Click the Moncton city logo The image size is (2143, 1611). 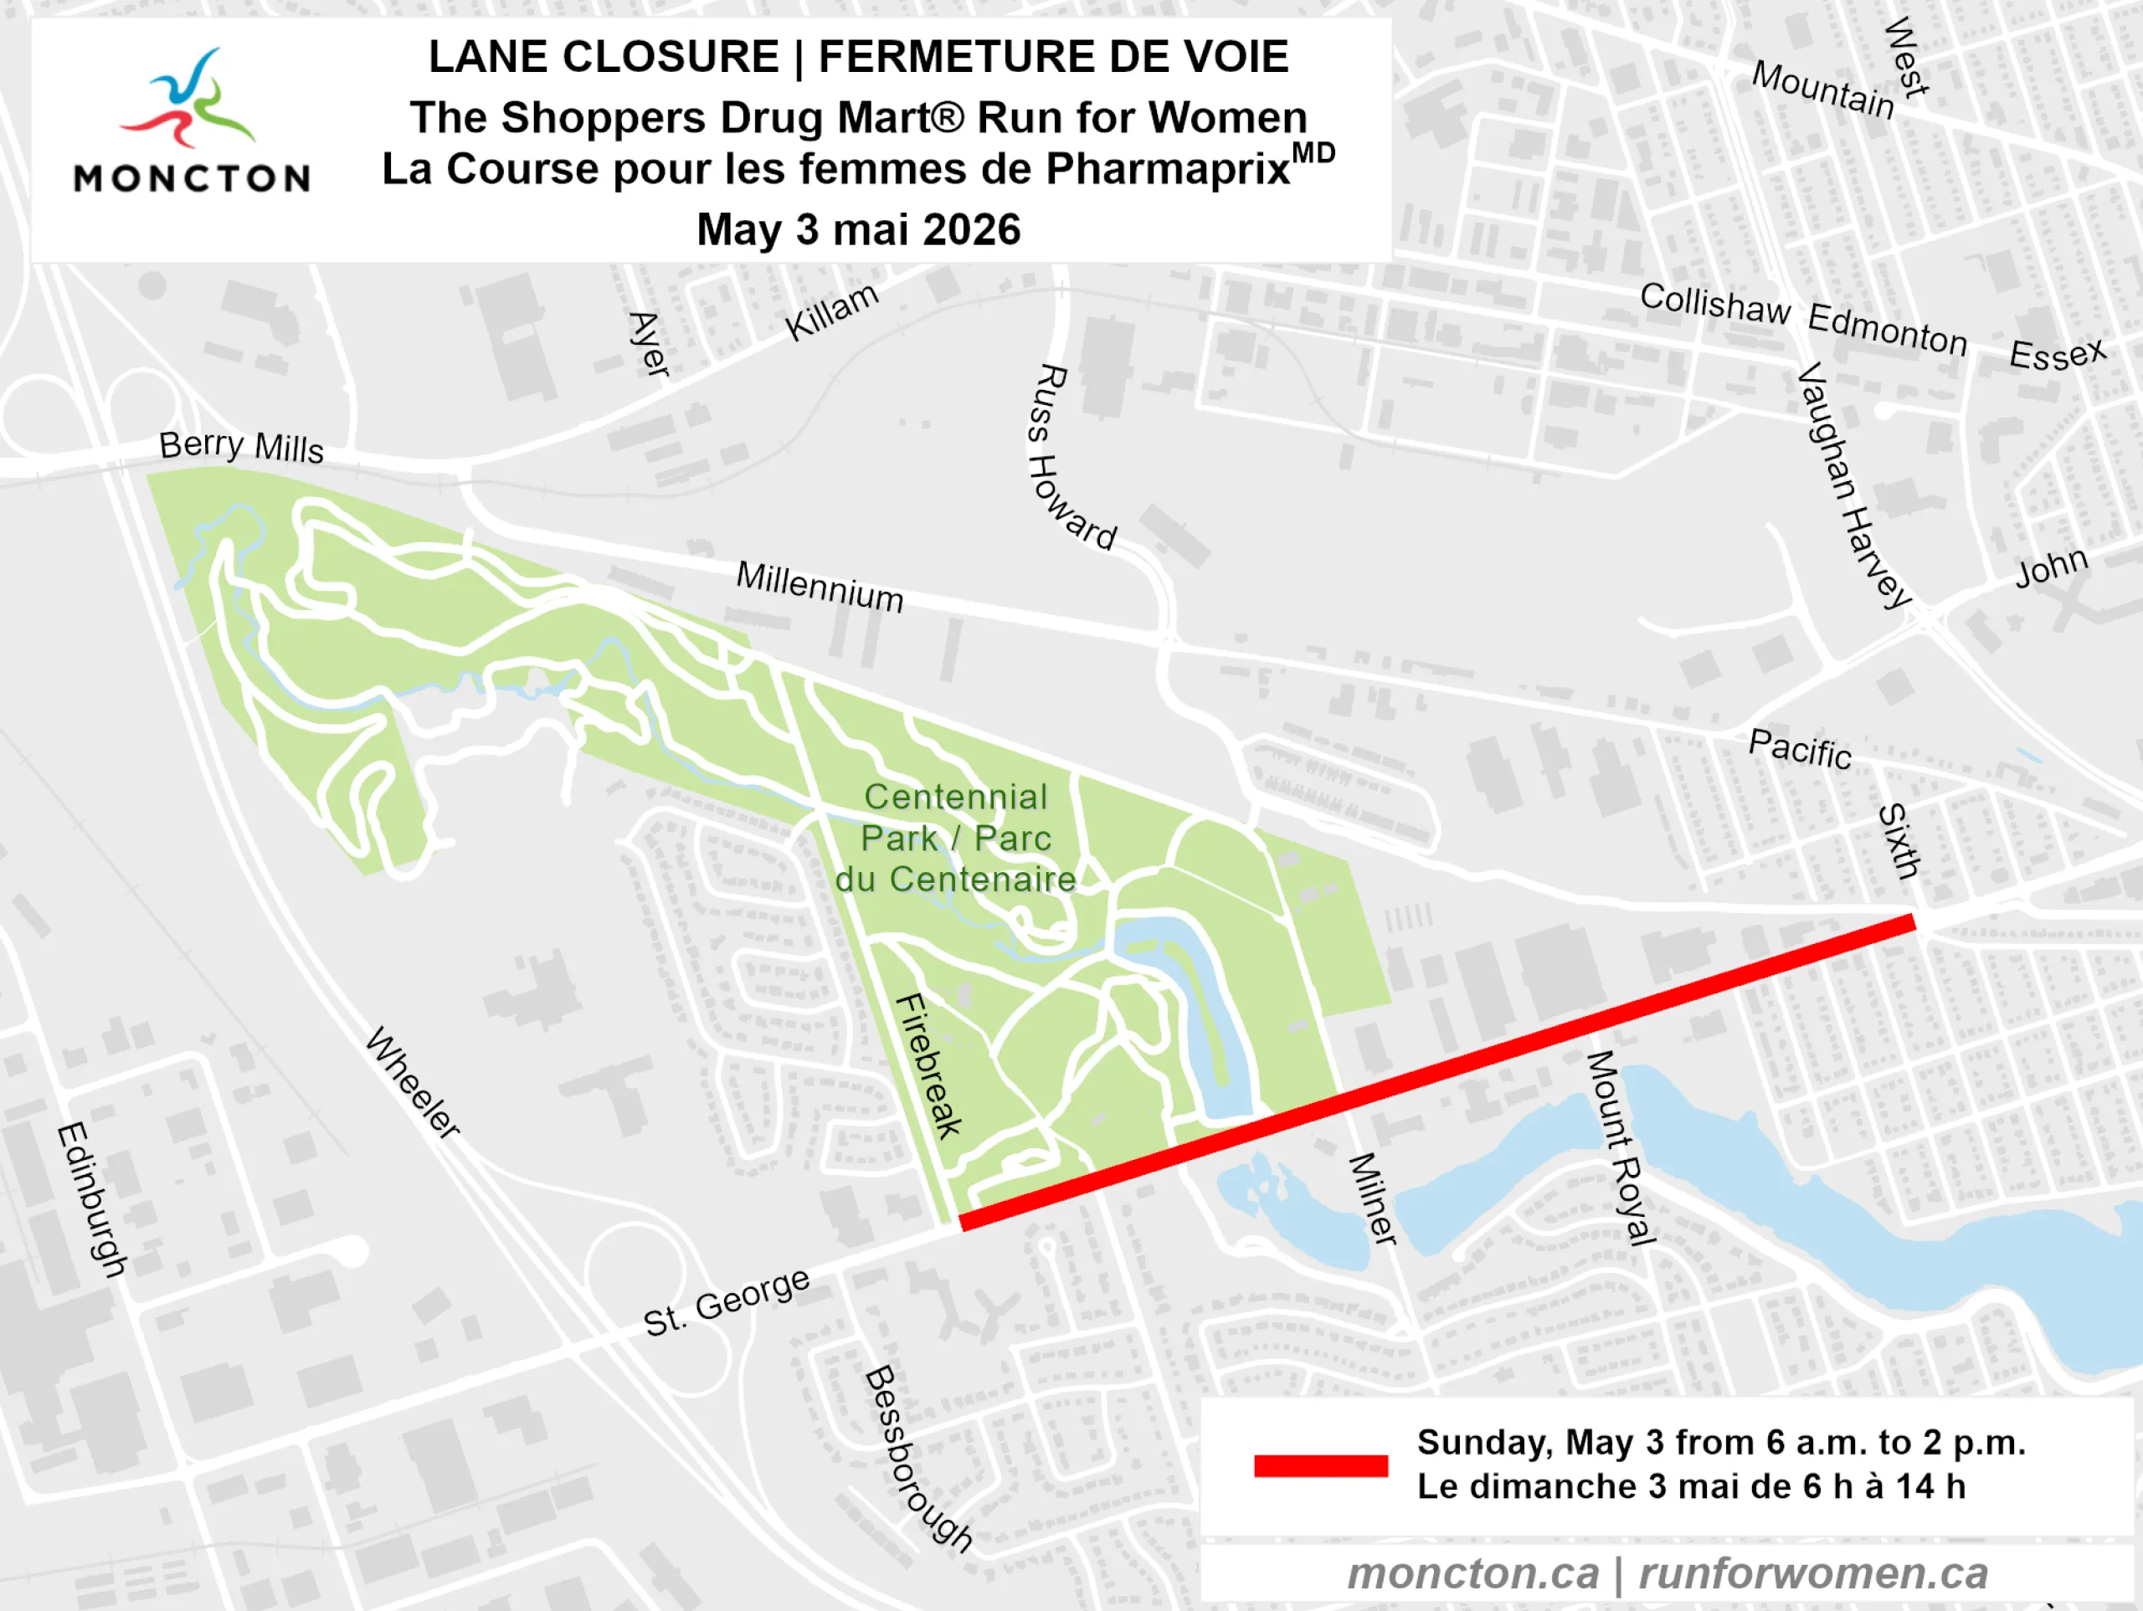pyautogui.click(x=191, y=121)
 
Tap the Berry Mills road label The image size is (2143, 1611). pyautogui.click(x=241, y=447)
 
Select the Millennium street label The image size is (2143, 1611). pyautogui.click(x=820, y=586)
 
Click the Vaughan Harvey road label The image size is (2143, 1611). pyautogui.click(x=1853, y=485)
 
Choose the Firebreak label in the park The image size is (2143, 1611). pyautogui.click(x=928, y=1065)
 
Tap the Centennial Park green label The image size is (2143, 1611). pyautogui.click(x=955, y=838)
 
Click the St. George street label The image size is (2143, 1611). pyautogui.click(x=727, y=1302)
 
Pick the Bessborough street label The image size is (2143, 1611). pyautogui.click(x=916, y=1459)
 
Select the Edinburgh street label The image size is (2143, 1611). pyautogui.click(x=92, y=1200)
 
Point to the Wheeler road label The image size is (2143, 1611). pyautogui.click(x=413, y=1082)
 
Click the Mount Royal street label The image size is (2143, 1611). pyautogui.click(x=1620, y=1148)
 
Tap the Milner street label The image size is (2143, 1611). pyautogui.click(x=1373, y=1198)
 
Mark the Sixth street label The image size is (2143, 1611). pyautogui.click(x=1899, y=841)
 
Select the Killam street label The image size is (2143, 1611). pyautogui.click(x=831, y=312)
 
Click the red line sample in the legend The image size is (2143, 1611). pyautogui.click(x=1320, y=1465)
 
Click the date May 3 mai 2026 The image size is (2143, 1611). pyautogui.click(x=858, y=230)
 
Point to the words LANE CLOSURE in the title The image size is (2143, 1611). pyautogui.click(x=604, y=56)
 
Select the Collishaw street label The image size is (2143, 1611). pyautogui.click(x=1714, y=304)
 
